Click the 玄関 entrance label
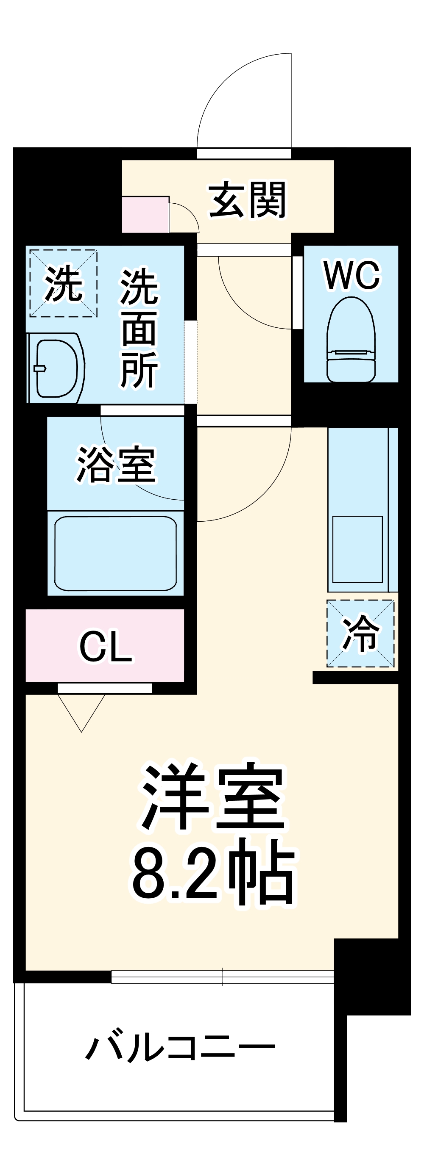(x=247, y=200)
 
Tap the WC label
(x=351, y=275)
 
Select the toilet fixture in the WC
(x=351, y=340)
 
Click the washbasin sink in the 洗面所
(x=56, y=368)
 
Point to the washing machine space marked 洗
(x=63, y=283)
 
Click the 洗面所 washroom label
(x=139, y=329)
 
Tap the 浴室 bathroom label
(x=116, y=464)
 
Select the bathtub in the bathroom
(x=116, y=553)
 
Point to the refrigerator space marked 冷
(x=360, y=634)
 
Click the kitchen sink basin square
(x=357, y=549)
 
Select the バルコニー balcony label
(x=180, y=1045)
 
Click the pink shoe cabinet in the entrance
(x=145, y=215)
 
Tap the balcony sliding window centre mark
(x=223, y=977)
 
